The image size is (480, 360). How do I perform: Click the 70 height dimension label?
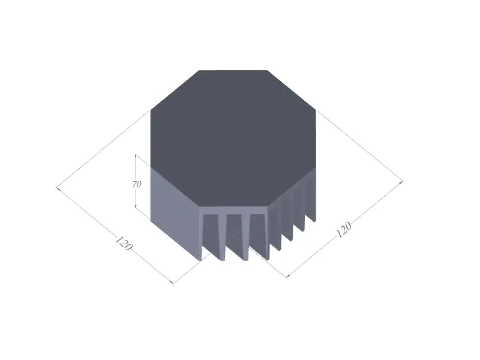pos(137,185)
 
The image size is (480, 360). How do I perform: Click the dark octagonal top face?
pos(233,139)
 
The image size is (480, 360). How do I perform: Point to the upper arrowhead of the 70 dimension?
pos(136,156)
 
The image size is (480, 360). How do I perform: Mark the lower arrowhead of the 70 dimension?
pos(136,206)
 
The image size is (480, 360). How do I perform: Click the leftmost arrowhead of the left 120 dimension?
pos(58,188)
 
